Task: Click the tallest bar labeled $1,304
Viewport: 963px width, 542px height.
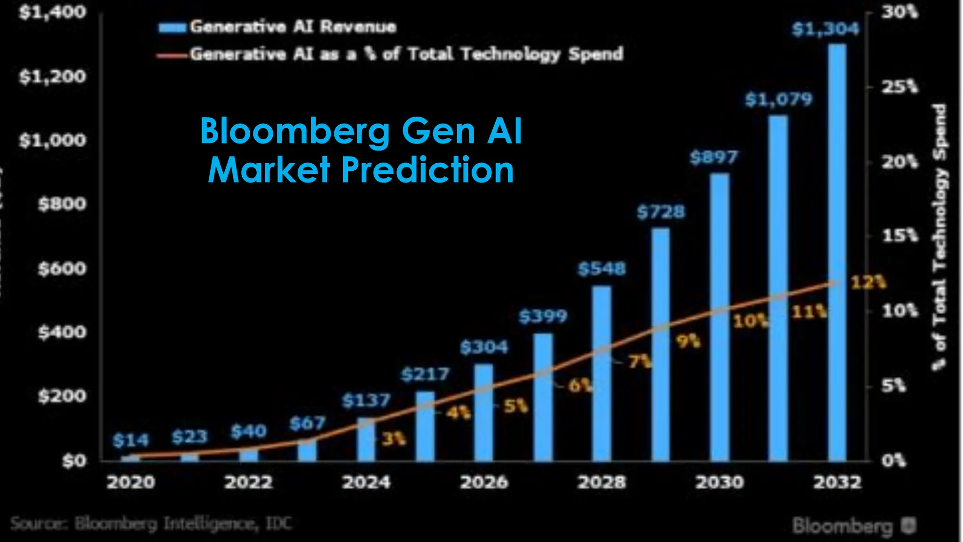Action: (837, 254)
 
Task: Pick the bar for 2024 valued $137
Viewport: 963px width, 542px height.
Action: (366, 439)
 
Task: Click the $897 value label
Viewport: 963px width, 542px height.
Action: (713, 157)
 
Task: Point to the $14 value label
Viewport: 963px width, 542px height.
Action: (131, 440)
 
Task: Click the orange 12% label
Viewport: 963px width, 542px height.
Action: (868, 283)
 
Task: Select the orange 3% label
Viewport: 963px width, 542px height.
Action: (393, 439)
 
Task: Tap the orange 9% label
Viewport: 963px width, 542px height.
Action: (688, 341)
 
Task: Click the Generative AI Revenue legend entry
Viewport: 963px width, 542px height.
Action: (277, 27)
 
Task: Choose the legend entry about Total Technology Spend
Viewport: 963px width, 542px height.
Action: (390, 54)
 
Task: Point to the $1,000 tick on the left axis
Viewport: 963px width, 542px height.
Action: (53, 140)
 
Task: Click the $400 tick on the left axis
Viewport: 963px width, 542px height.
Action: (62, 333)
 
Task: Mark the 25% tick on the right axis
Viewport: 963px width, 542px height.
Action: (899, 87)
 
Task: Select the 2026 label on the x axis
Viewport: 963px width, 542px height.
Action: (484, 482)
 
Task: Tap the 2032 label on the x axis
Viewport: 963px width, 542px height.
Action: (837, 482)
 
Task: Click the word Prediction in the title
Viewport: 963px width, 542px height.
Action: (427, 170)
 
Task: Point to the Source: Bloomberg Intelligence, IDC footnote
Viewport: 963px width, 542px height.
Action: (150, 524)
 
